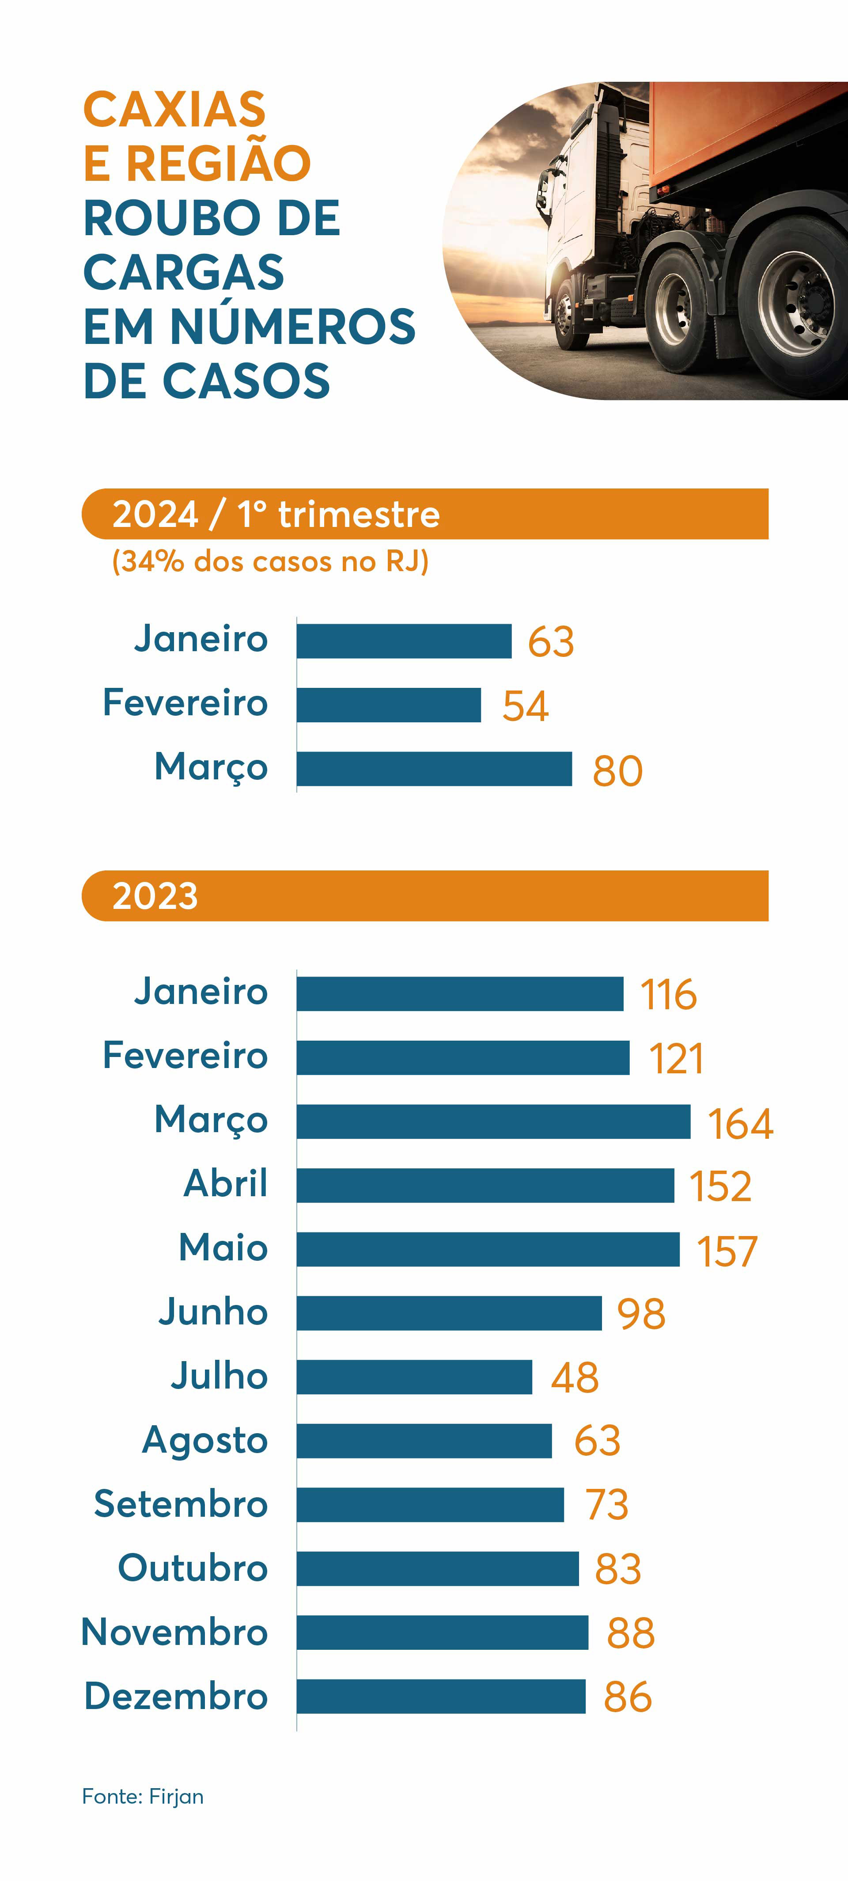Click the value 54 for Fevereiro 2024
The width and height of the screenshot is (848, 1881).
[525, 706]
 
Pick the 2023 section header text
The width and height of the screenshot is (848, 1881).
[155, 896]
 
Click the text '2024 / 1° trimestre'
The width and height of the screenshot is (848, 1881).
[276, 514]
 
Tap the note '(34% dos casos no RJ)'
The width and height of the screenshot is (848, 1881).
[270, 561]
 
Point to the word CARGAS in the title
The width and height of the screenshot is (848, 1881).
[183, 272]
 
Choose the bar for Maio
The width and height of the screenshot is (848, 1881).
[488, 1249]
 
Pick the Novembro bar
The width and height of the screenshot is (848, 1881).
[442, 1632]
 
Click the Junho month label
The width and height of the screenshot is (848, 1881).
[213, 1312]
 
